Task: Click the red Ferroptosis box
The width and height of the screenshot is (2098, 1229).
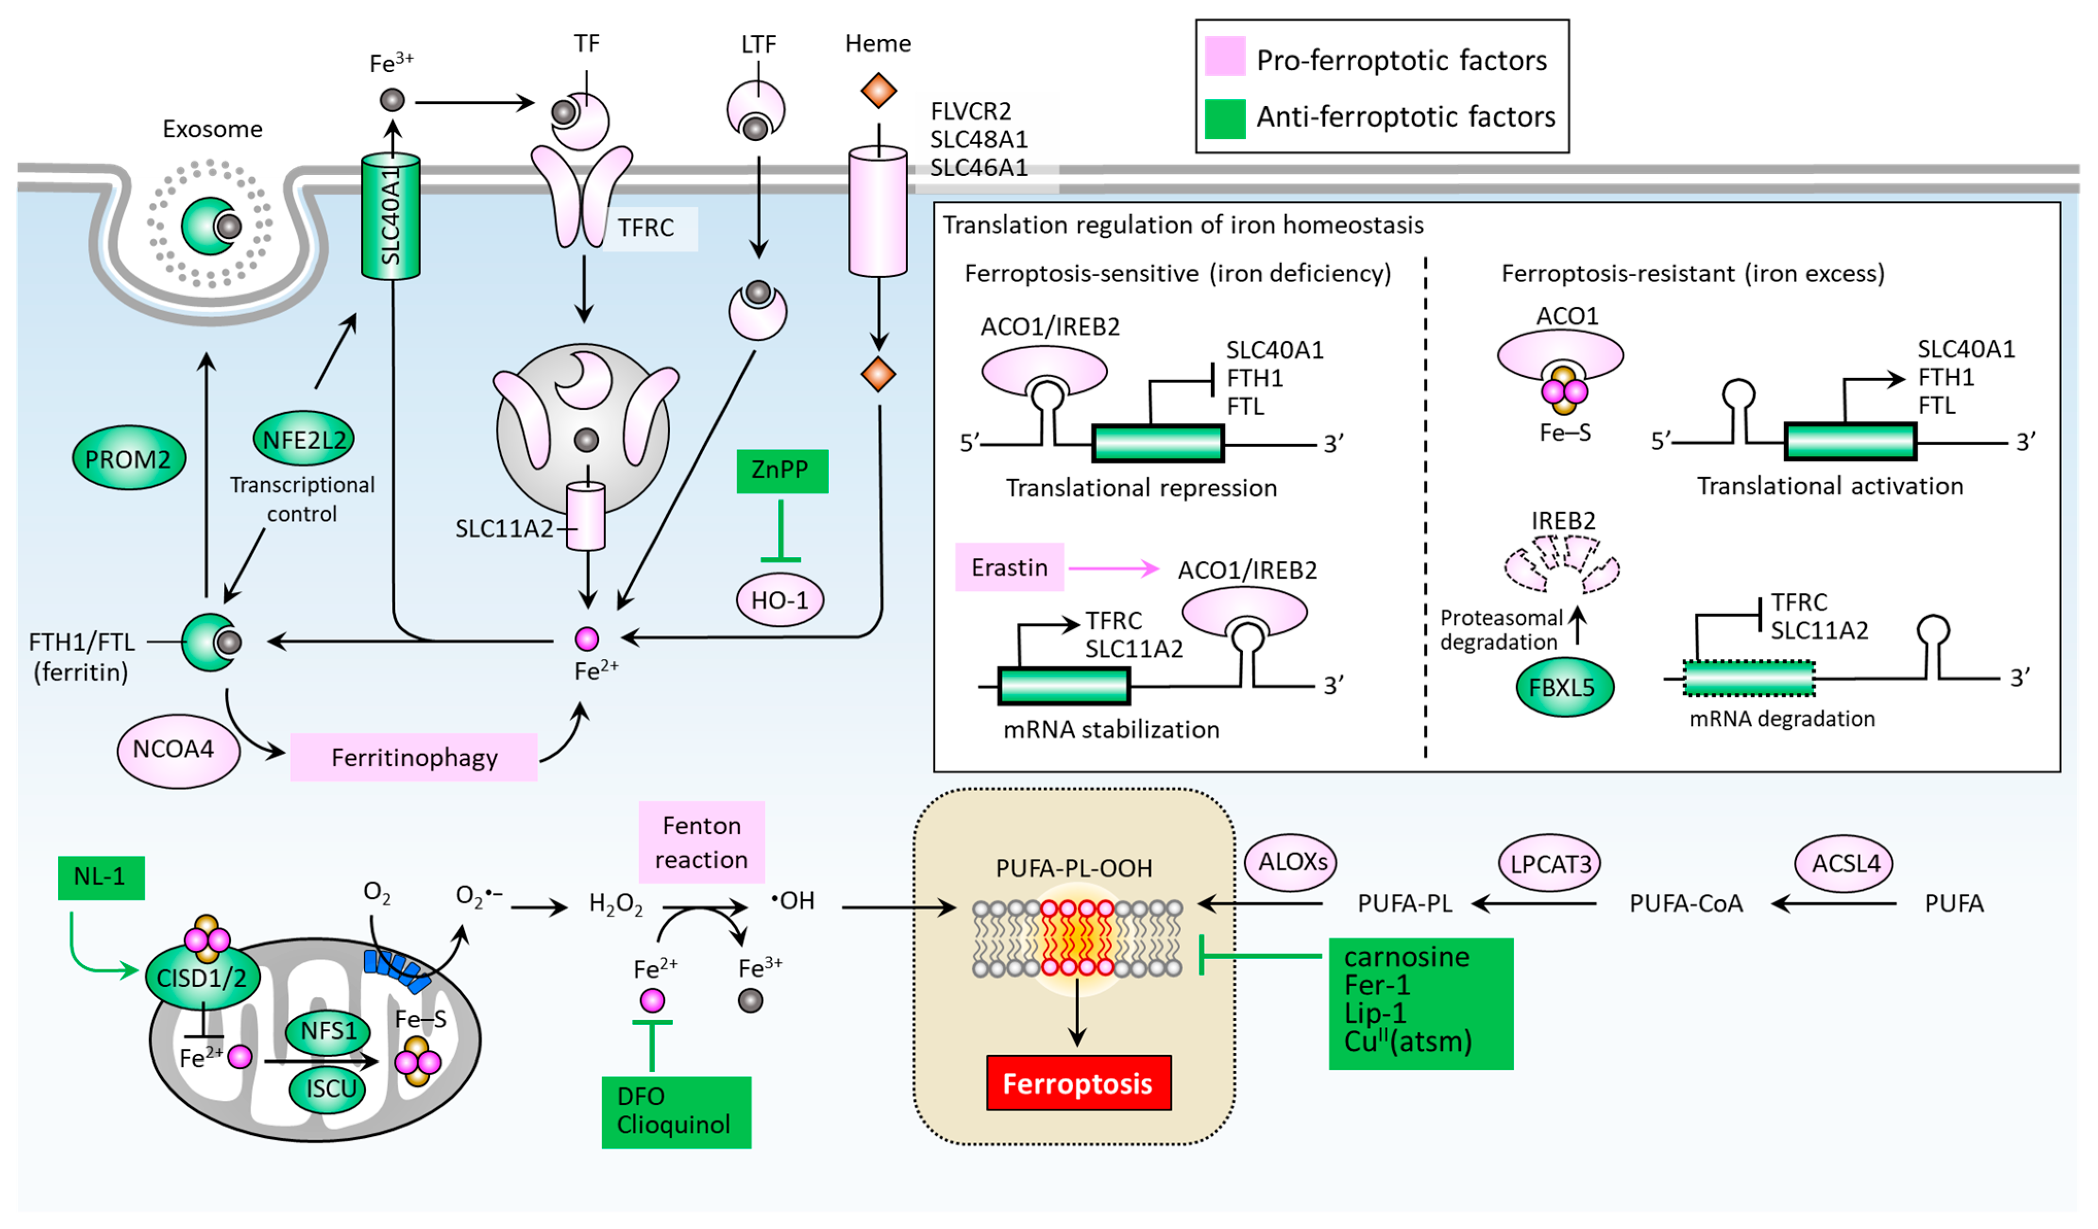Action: [x=1078, y=1082]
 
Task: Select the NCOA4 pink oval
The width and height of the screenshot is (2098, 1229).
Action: [x=177, y=749]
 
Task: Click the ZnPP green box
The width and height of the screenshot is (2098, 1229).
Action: [x=782, y=470]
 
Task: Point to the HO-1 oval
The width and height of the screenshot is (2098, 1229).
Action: [x=779, y=600]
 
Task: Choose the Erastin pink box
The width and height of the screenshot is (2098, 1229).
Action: [x=1009, y=567]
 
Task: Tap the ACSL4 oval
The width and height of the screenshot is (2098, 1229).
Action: [x=1845, y=863]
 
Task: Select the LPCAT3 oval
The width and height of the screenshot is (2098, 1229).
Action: [x=1550, y=863]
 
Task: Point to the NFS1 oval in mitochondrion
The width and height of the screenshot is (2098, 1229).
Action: [x=328, y=1031]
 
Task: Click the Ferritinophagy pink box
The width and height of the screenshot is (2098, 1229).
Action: [x=414, y=757]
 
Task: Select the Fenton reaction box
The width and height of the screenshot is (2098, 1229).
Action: [x=701, y=842]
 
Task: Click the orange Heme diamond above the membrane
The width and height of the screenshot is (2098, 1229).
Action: [x=878, y=90]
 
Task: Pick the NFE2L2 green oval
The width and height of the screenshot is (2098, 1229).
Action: [x=304, y=439]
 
